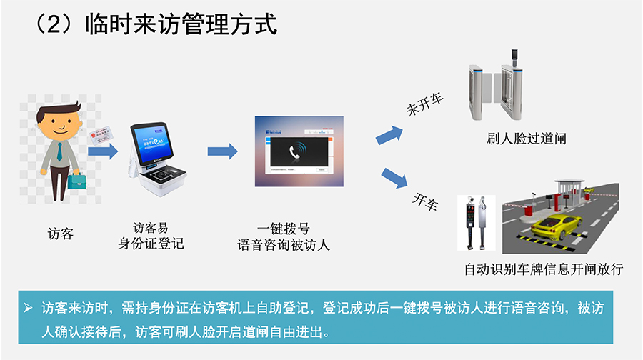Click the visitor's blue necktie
coord(59,151)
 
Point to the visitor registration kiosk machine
coord(153,160)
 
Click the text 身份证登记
coord(151,244)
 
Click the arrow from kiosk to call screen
coord(222,151)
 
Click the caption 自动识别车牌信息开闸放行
coord(544,269)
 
